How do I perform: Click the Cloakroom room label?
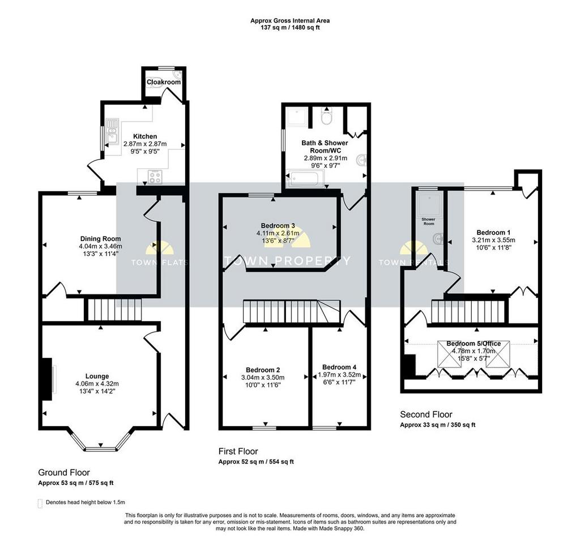tap(164, 82)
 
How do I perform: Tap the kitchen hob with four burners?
tap(155, 176)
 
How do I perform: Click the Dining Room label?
tap(101, 239)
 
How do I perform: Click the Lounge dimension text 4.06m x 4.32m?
tap(97, 383)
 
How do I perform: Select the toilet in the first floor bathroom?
tap(327, 117)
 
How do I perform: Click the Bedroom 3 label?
tap(278, 226)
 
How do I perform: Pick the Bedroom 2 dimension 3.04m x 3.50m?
tap(263, 377)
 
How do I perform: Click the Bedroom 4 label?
tap(339, 367)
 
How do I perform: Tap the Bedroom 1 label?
tap(493, 233)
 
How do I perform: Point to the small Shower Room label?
tap(429, 221)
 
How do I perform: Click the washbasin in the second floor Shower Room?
tap(438, 238)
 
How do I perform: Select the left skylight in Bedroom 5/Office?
tap(450, 354)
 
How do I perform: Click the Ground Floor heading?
tap(64, 472)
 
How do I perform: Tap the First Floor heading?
tap(238, 451)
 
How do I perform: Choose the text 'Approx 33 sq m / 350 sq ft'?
tap(438, 425)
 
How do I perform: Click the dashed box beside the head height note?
tap(40, 503)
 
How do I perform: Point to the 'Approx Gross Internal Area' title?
tap(290, 21)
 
